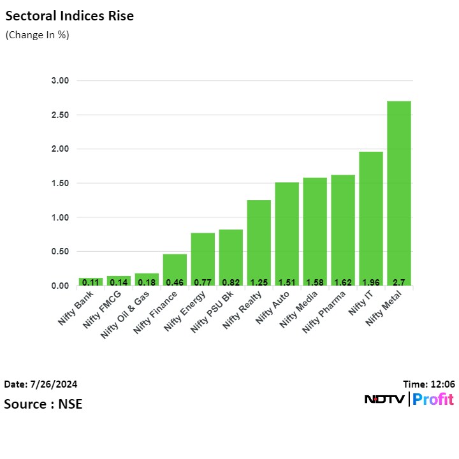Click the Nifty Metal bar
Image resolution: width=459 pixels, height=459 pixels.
(399, 191)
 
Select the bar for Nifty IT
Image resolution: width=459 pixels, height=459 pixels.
(371, 217)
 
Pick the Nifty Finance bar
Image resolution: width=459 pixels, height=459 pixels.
(175, 268)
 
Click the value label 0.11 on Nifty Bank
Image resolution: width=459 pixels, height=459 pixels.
(91, 282)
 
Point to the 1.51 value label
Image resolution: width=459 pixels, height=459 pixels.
(287, 282)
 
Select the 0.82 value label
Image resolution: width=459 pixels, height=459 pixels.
(231, 282)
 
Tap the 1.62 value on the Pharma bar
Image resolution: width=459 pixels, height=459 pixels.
(343, 282)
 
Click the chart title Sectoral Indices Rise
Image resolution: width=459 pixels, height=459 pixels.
(69, 17)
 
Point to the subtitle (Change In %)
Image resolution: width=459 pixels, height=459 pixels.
(37, 35)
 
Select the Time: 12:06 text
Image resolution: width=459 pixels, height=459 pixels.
(428, 384)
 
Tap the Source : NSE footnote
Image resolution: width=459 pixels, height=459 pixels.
(43, 404)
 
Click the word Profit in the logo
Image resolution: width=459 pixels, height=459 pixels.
(433, 400)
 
